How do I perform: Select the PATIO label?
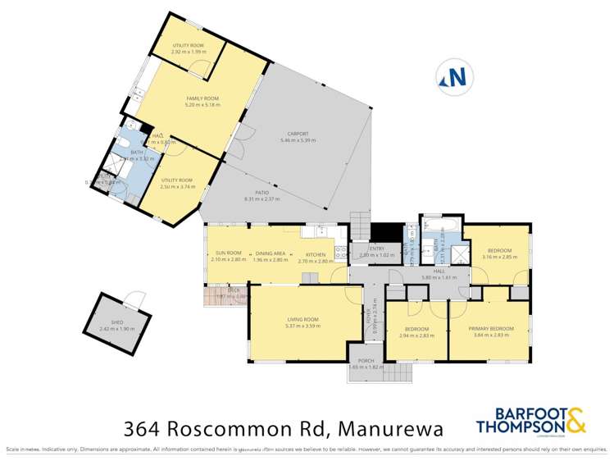[262, 194]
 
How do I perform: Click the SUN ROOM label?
[228, 253]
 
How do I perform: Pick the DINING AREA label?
[270, 253]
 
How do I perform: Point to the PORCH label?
[366, 360]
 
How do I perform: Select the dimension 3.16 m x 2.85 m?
[499, 257]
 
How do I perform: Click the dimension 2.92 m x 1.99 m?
[187, 52]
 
